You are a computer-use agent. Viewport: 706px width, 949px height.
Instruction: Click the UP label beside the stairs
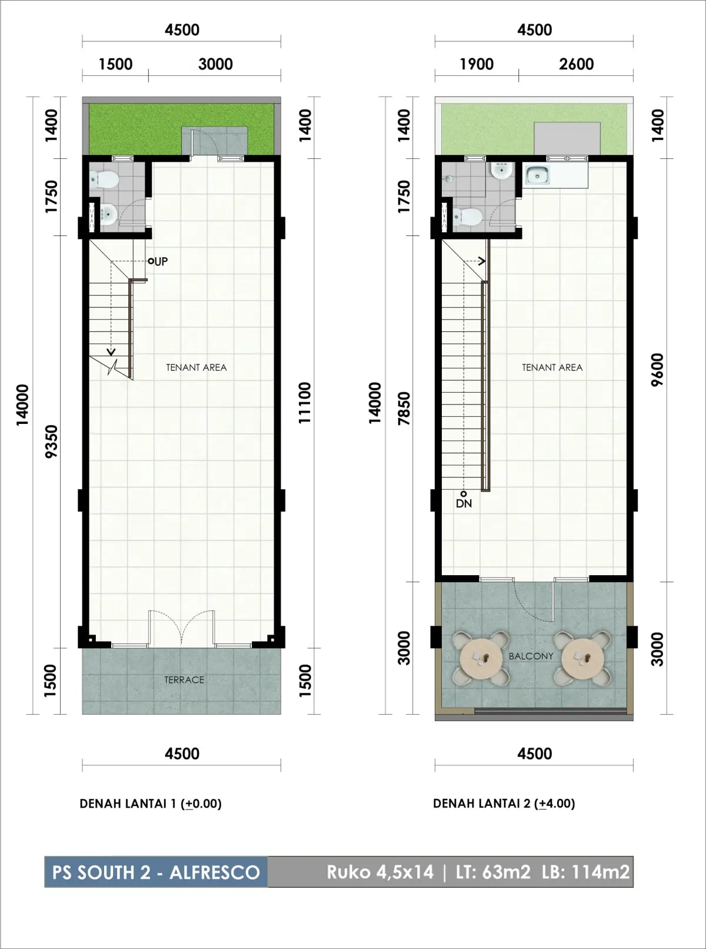161,261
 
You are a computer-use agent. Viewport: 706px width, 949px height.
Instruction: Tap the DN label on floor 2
464,503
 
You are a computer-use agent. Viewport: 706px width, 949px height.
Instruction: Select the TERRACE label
184,680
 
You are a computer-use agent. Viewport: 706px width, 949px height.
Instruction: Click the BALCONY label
531,656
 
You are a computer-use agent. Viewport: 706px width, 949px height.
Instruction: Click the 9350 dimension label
52,442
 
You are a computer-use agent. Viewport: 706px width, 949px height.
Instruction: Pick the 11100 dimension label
305,403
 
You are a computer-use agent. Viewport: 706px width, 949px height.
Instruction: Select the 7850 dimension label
404,408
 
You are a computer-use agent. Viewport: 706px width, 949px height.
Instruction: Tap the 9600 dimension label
657,370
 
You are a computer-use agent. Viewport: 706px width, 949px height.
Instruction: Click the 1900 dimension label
477,64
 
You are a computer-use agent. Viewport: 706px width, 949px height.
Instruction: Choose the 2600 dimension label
576,64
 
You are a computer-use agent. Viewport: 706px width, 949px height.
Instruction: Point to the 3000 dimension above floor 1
215,64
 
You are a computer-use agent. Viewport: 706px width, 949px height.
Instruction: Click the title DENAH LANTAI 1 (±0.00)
151,804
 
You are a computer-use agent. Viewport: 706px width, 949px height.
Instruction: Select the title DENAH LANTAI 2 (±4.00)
504,804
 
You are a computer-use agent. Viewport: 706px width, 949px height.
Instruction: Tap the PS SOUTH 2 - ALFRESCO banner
156,872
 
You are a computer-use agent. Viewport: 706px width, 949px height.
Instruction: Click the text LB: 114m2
586,872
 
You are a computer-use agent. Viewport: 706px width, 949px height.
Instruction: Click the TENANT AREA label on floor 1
197,367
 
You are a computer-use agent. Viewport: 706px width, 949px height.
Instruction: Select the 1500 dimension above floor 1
115,64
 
